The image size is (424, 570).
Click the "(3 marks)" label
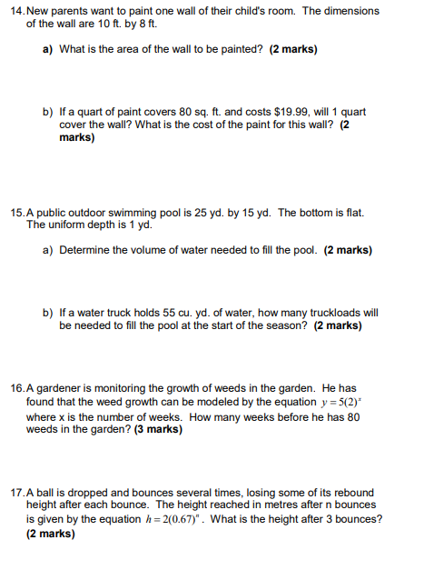coord(155,430)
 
